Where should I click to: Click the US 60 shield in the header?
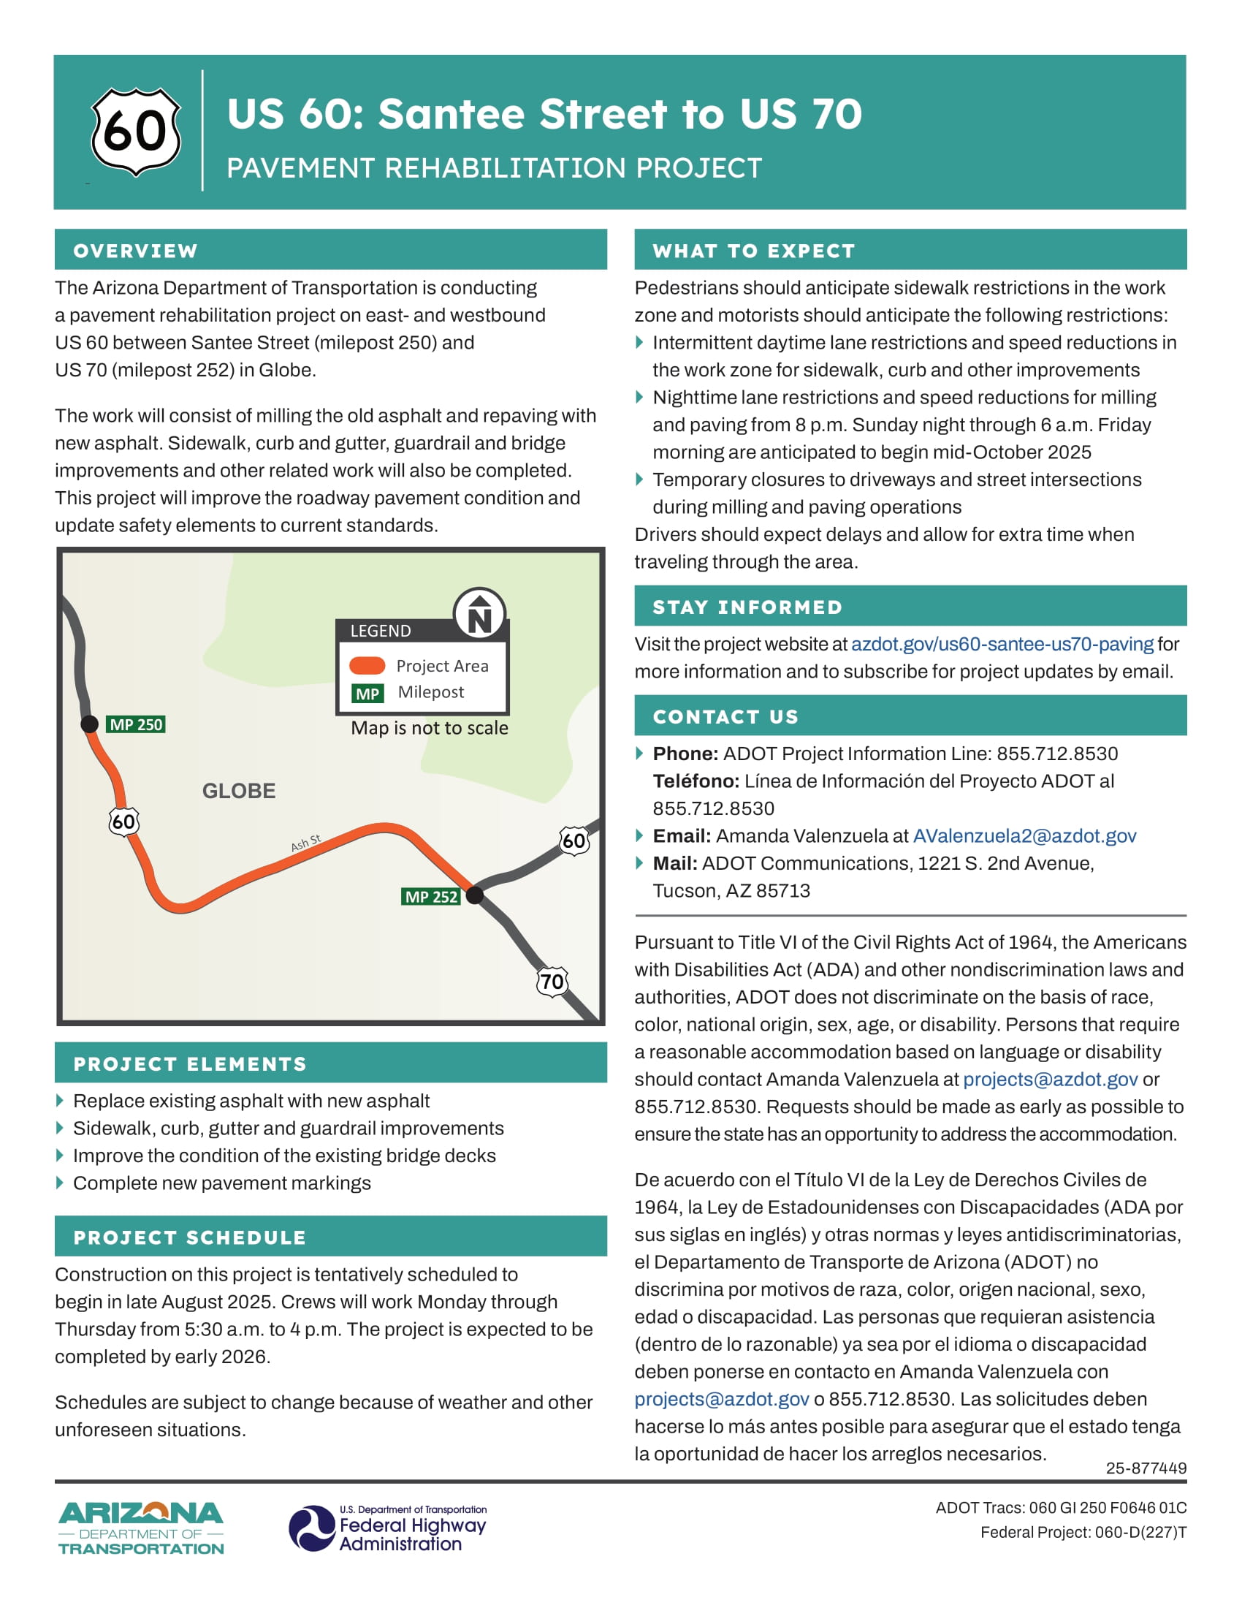[x=135, y=132]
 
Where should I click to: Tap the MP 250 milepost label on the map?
[x=136, y=724]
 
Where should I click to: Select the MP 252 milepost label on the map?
[x=431, y=897]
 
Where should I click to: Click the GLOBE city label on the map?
[x=238, y=791]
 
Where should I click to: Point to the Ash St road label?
[x=305, y=843]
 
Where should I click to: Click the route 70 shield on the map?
[x=552, y=982]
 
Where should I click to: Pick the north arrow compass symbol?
[x=480, y=613]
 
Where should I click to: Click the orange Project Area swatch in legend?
[x=367, y=666]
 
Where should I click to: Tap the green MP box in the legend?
[x=367, y=694]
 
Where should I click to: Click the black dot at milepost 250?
[x=90, y=724]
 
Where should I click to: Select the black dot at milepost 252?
[x=476, y=895]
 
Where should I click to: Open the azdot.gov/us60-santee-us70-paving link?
[x=1002, y=644]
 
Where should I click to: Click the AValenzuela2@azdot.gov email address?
[x=1024, y=835]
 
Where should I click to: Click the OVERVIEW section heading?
[x=135, y=251]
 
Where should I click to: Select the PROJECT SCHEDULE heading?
[x=190, y=1237]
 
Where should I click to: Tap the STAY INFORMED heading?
[x=747, y=607]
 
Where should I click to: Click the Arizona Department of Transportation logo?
[x=140, y=1528]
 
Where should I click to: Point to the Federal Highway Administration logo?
[x=387, y=1528]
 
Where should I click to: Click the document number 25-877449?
[x=1146, y=1468]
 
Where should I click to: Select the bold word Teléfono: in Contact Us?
[x=696, y=781]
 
